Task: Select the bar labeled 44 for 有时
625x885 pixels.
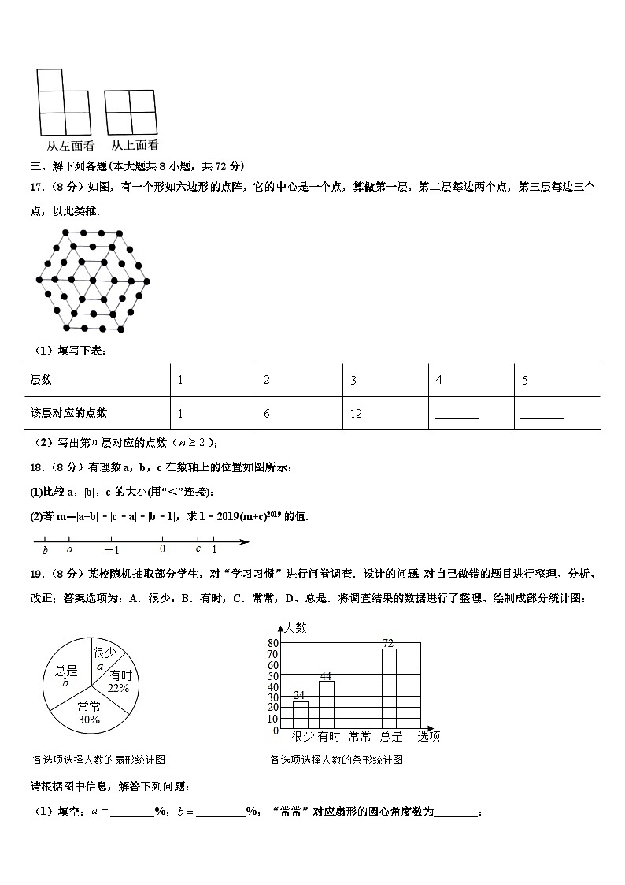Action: (x=326, y=704)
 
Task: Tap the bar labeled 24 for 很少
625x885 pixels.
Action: (x=300, y=714)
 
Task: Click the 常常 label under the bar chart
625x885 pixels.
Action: (x=359, y=737)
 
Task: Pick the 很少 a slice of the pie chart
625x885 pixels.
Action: (x=103, y=656)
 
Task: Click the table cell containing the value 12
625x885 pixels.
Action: (x=385, y=413)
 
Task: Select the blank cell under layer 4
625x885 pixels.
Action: (x=470, y=413)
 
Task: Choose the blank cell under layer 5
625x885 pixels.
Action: (x=557, y=413)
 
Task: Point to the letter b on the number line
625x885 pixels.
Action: (x=45, y=550)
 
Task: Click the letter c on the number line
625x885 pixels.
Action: (x=198, y=549)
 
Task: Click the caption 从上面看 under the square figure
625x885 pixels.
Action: (x=135, y=145)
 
